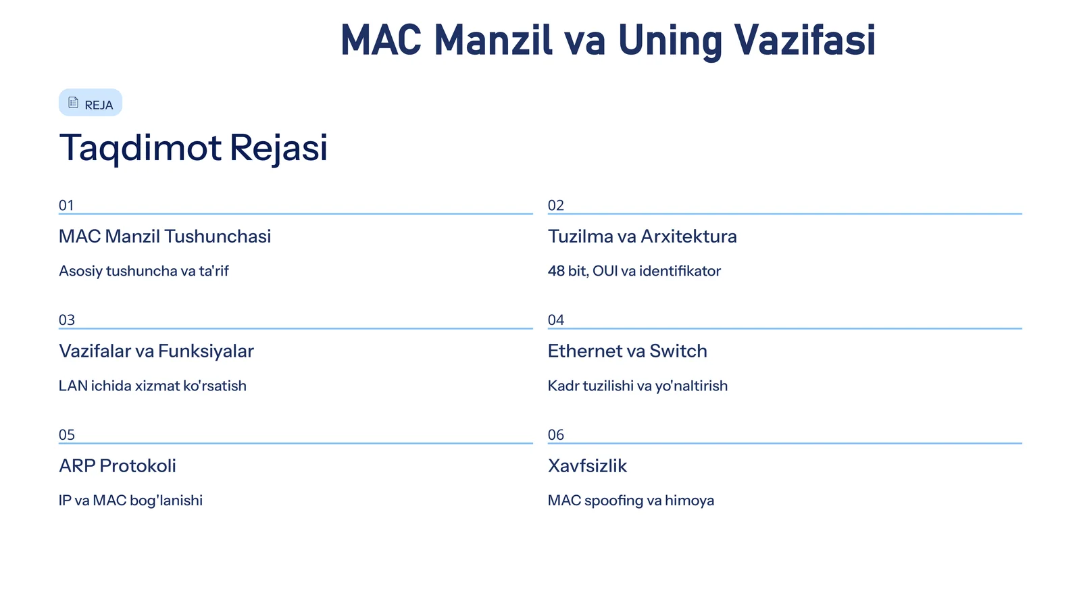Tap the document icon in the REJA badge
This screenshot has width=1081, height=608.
(x=74, y=103)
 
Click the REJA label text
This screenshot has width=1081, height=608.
(x=99, y=105)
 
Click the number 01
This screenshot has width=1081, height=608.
(x=66, y=205)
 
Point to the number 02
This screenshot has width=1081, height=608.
(x=555, y=205)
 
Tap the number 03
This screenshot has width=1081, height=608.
(x=66, y=320)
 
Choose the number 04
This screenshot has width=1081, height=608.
(x=555, y=320)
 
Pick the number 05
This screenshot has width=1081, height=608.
(x=66, y=435)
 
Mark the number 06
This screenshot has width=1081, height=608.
(x=555, y=435)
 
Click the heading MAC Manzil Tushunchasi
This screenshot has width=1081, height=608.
(x=164, y=236)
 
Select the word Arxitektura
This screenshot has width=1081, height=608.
(x=688, y=236)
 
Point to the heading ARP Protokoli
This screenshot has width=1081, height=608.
(x=117, y=466)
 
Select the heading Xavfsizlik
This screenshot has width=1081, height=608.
(x=587, y=466)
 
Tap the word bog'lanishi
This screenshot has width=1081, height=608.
(x=166, y=501)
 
